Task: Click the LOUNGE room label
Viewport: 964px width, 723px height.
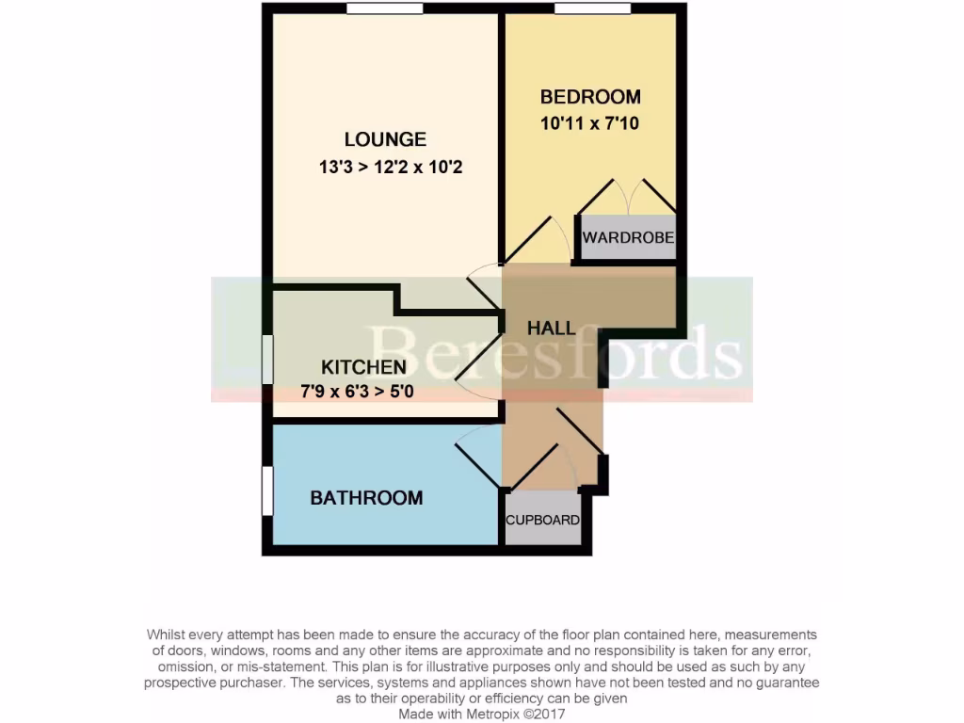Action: (385, 139)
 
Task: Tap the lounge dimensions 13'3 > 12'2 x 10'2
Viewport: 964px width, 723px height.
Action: (391, 169)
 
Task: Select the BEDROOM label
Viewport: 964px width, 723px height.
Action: (590, 96)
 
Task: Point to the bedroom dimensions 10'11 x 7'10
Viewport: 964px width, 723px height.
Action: (590, 122)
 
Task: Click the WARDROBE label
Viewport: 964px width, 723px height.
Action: (628, 237)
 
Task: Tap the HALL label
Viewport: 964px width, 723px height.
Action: (552, 329)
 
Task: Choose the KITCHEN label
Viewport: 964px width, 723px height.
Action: (363, 367)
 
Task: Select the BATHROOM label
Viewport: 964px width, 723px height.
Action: (366, 498)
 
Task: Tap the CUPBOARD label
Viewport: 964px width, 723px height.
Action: (542, 520)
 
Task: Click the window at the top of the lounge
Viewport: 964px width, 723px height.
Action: (383, 9)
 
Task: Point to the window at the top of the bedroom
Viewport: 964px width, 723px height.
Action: (592, 9)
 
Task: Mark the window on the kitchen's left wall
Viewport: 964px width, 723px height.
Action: (267, 359)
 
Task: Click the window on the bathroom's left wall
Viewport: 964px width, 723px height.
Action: (267, 490)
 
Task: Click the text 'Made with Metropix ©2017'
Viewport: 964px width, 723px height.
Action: (481, 715)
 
